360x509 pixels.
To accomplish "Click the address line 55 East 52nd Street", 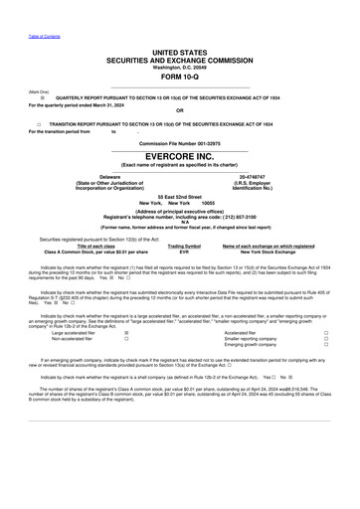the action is click(x=180, y=196).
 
